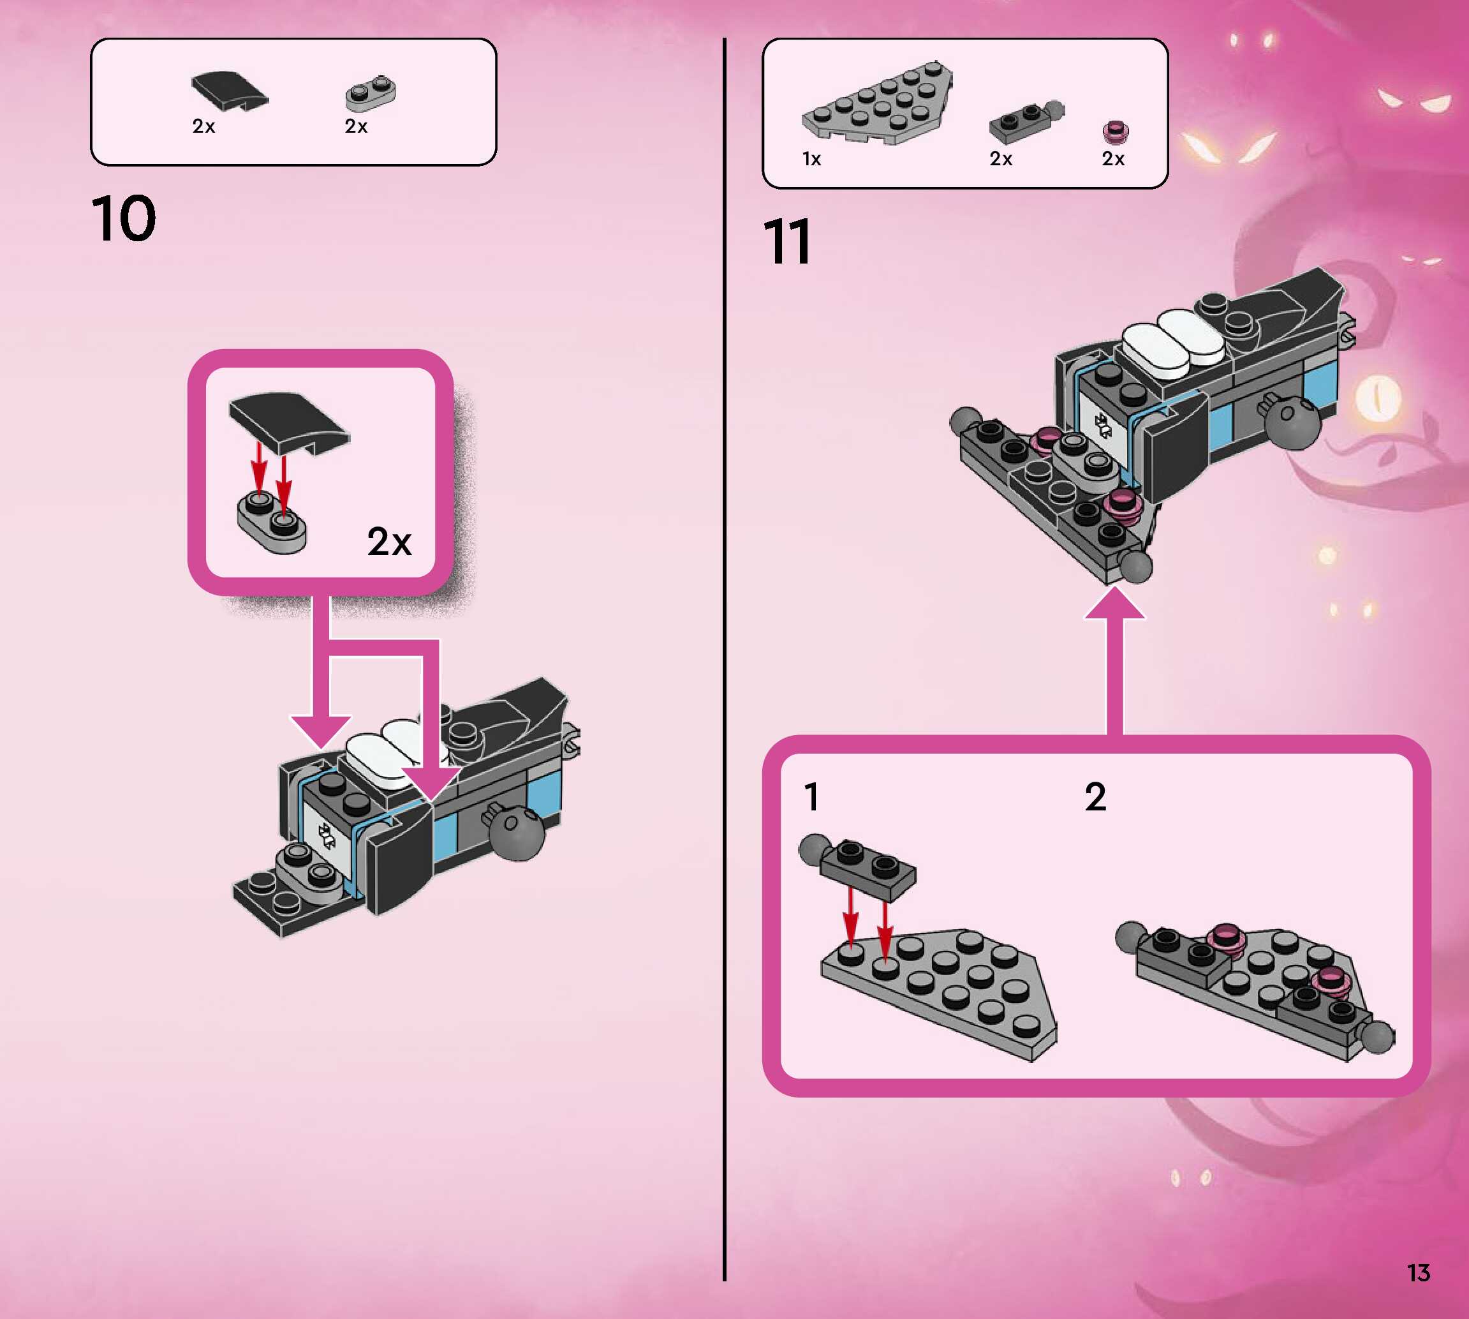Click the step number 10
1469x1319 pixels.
(123, 219)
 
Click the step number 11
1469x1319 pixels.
(786, 242)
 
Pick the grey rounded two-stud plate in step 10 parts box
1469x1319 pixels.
(370, 95)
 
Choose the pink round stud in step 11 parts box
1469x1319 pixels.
(1116, 132)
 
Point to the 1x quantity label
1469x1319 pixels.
(811, 159)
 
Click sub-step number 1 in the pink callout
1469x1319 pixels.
(811, 797)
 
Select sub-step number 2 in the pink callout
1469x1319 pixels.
(1095, 797)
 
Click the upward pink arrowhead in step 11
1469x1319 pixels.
(1114, 604)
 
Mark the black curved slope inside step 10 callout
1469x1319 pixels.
(288, 422)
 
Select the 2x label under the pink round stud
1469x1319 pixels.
(1112, 159)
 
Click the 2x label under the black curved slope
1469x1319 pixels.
(203, 126)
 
